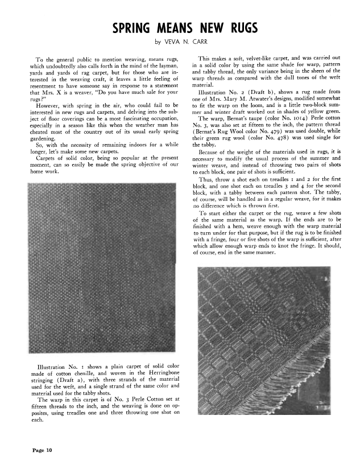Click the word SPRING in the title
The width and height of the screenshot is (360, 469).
133,28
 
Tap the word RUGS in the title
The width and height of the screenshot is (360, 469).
241,28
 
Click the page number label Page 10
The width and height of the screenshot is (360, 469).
42,451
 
